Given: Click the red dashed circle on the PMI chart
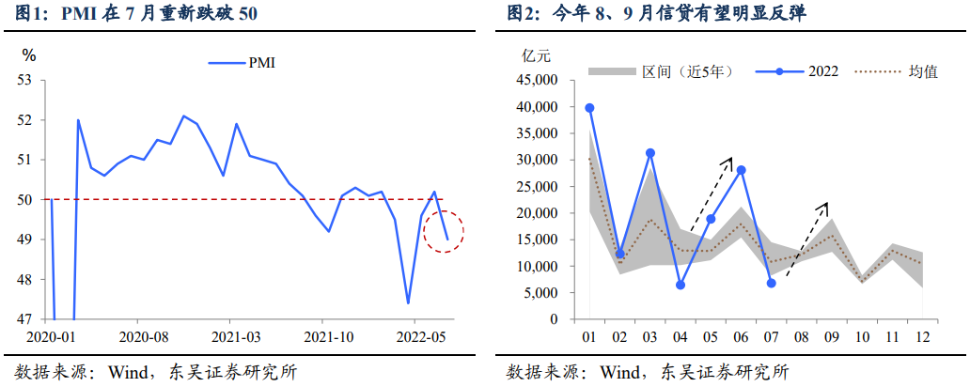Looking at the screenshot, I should tap(444, 231).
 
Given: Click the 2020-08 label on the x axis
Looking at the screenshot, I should tap(145, 335).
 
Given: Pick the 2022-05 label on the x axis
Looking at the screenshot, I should tap(419, 335).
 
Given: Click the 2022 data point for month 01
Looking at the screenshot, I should tap(589, 108).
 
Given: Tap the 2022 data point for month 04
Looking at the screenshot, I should tap(681, 285).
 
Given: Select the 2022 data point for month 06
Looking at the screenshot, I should tap(741, 170).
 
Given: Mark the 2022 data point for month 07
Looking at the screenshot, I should tap(772, 283).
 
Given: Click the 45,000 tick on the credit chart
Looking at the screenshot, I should tap(537, 81).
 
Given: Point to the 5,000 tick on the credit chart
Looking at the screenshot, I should tap(540, 293).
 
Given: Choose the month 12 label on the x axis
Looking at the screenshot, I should tap(923, 334).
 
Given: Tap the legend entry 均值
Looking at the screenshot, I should tap(921, 71).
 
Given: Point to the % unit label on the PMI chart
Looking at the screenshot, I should tap(29, 55).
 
